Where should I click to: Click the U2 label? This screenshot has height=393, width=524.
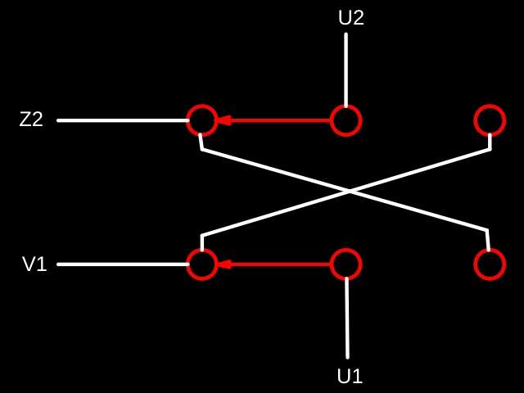351,18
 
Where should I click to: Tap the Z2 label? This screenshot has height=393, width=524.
31,120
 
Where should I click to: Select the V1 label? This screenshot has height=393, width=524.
34,264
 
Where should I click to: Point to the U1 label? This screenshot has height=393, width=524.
350,377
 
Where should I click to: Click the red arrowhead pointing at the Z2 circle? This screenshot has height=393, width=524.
224,120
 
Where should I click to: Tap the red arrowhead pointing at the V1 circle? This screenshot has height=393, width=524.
224,264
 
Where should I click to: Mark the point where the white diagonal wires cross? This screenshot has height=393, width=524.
350,191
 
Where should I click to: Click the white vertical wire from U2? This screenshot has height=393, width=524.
346,70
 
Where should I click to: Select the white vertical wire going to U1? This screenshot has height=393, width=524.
347,318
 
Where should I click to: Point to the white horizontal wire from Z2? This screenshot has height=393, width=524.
123,120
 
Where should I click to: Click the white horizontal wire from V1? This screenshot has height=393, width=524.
123,264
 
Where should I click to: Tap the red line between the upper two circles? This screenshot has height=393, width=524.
274,120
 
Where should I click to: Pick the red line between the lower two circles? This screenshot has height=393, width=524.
274,264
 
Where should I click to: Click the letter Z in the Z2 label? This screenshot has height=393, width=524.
25,120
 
